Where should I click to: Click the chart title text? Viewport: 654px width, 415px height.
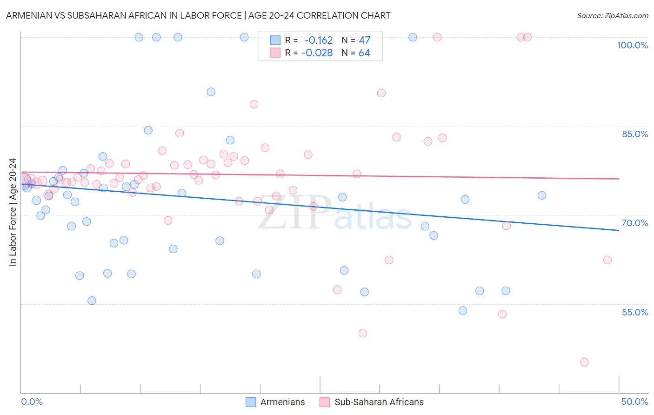[198, 15]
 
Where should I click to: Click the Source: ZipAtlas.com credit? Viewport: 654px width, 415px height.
[612, 15]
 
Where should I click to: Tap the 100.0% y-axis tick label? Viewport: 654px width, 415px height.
[632, 45]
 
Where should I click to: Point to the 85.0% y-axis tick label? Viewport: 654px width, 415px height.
[635, 134]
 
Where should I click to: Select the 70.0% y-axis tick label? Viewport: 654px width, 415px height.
[635, 223]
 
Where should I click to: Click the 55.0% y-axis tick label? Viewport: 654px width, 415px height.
[635, 312]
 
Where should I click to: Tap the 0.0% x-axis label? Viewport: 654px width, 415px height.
[32, 402]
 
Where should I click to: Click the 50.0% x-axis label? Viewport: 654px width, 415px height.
[634, 402]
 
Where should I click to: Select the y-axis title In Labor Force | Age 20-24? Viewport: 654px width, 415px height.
[13, 212]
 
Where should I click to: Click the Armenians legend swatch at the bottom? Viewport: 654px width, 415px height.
[251, 402]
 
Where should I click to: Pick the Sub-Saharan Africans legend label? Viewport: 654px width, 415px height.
[379, 402]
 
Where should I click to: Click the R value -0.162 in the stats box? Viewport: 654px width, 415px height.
[318, 40]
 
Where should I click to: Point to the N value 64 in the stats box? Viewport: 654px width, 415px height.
[364, 53]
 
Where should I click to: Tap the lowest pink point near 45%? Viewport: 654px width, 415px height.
[584, 362]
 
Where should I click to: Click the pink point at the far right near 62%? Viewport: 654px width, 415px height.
[607, 260]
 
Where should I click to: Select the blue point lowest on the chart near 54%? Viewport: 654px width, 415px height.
[463, 311]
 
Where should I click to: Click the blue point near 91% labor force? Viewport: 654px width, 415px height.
[211, 92]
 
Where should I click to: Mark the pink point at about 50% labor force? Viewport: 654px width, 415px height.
[363, 333]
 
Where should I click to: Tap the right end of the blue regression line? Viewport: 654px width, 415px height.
[619, 230]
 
